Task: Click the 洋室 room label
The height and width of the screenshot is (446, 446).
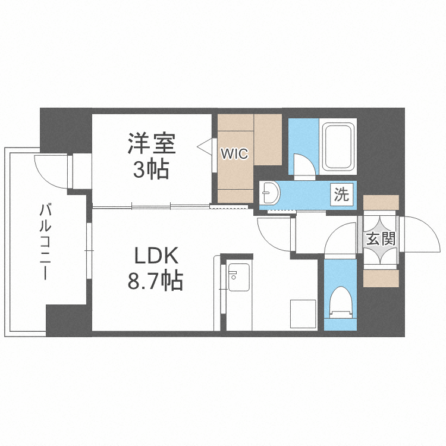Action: (x=151, y=144)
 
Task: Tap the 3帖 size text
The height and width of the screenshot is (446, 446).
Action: (x=151, y=170)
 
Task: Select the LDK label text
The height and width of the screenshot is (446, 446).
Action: (x=155, y=256)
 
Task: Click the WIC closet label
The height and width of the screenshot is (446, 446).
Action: (x=234, y=153)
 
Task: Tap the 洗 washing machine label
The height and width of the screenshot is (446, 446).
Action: (x=341, y=194)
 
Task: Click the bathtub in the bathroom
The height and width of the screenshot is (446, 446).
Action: (x=338, y=147)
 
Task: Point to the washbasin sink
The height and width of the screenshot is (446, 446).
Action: (x=271, y=193)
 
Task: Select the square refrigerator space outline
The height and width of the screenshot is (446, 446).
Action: (x=303, y=313)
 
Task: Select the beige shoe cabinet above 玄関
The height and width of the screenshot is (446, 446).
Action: (x=381, y=202)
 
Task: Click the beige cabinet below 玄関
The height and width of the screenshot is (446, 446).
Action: (x=381, y=278)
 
